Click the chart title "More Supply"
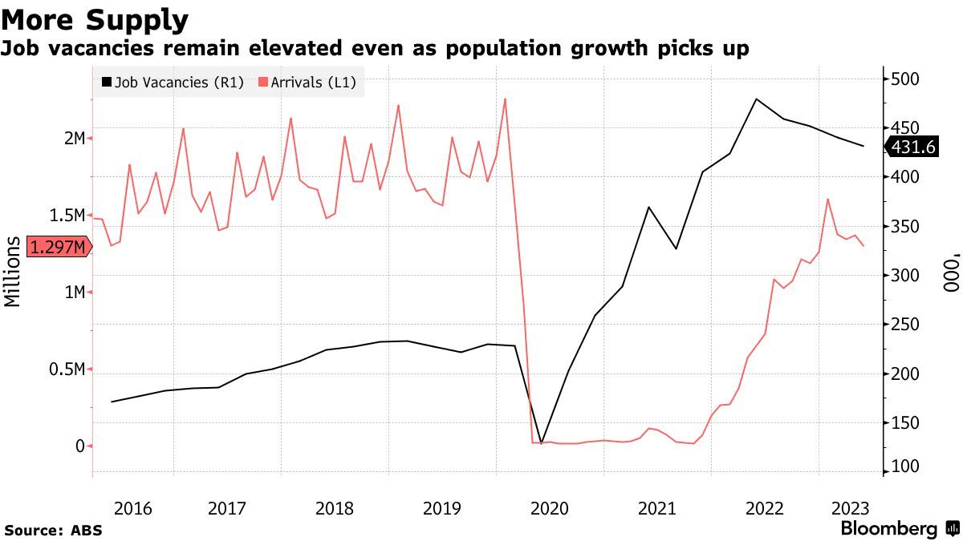pyautogui.click(x=95, y=18)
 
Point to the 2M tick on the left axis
pyautogui.click(x=74, y=139)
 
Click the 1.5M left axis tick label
pyautogui.click(x=68, y=216)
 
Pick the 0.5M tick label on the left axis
pyautogui.click(x=68, y=369)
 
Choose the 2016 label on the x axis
pyautogui.click(x=133, y=508)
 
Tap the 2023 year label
pyautogui.click(x=849, y=508)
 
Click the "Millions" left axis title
pyautogui.click(x=13, y=272)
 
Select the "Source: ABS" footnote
pyautogui.click(x=53, y=531)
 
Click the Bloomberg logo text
pyautogui.click(x=888, y=529)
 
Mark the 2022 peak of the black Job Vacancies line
pyautogui.click(x=756, y=99)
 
